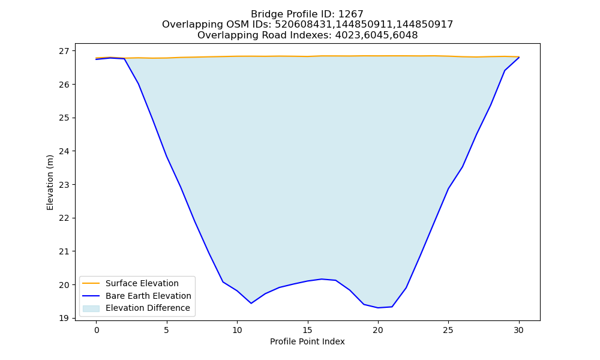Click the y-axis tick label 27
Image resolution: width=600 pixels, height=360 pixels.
(65, 51)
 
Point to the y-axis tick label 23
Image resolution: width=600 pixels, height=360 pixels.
(65, 185)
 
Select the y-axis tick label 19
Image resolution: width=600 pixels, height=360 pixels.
(65, 318)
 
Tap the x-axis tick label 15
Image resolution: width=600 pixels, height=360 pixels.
(307, 330)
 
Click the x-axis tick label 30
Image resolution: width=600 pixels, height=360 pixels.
(518, 330)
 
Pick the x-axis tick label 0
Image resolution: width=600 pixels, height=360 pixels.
(97, 330)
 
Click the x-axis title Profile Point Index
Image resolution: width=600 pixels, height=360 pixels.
(307, 341)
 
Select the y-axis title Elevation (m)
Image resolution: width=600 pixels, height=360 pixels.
(50, 182)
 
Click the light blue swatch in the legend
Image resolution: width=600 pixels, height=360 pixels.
(91, 308)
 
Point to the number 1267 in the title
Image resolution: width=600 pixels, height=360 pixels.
(351, 14)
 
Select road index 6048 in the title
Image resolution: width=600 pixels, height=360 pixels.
(405, 35)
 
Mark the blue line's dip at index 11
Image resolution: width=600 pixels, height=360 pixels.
(251, 304)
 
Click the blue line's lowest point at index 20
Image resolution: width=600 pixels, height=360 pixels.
(378, 308)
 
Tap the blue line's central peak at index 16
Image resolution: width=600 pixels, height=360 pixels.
(322, 279)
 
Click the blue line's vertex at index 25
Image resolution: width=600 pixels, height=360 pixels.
(448, 188)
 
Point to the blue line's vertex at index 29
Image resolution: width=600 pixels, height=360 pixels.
(505, 71)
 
